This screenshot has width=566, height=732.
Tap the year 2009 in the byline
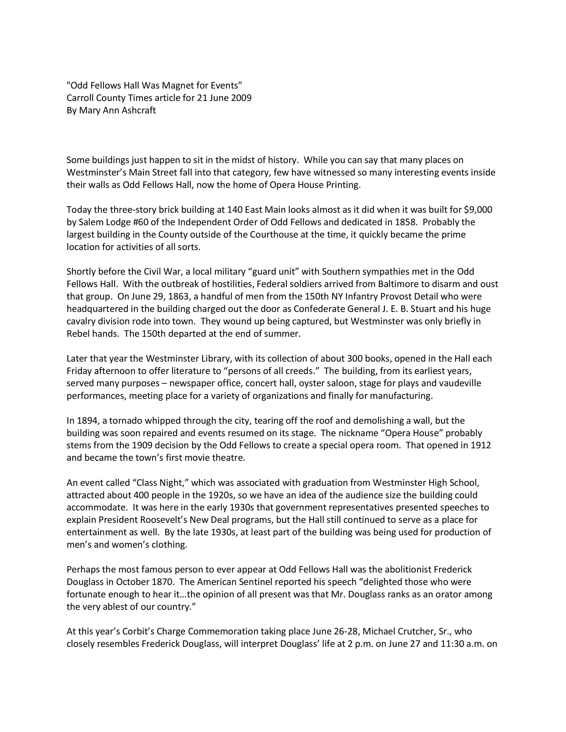241,98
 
